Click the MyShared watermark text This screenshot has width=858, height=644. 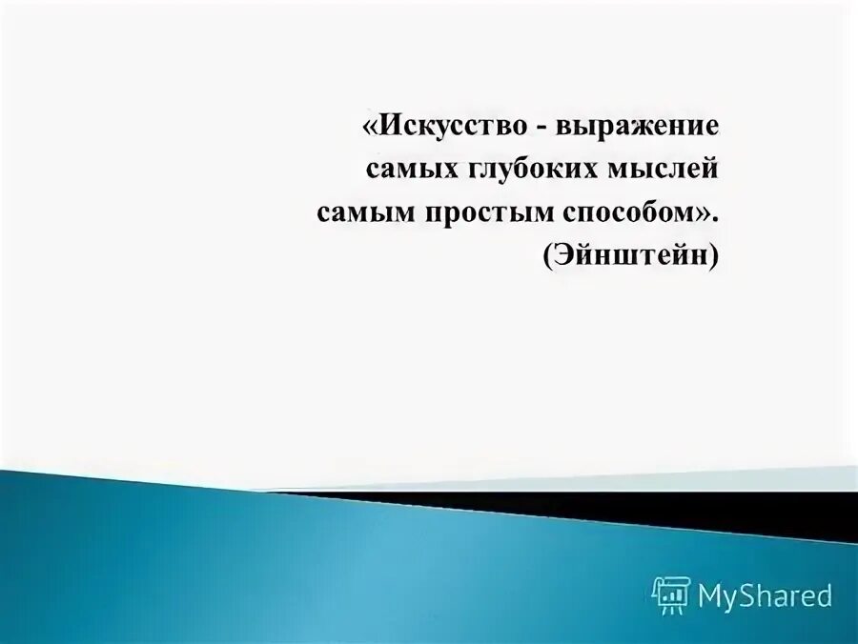(766, 595)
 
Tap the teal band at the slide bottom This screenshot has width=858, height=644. (286, 572)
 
